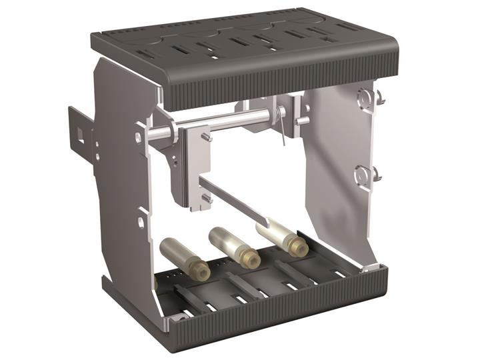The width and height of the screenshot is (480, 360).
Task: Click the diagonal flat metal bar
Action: tap(237, 201)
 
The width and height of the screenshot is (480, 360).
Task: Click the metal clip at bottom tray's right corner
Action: tap(369, 267)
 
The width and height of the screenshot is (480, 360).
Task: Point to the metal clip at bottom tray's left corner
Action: tap(176, 319)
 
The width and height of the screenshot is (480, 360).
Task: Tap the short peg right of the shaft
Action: tap(303, 120)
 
